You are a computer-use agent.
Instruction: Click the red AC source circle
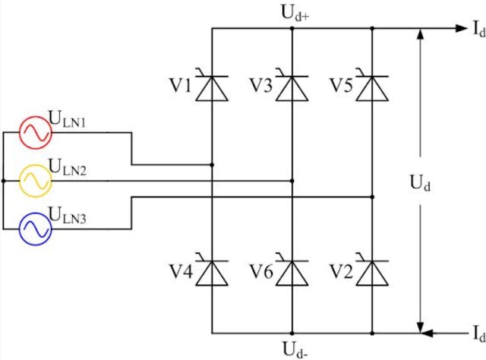35,132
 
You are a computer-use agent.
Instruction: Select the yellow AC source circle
35,181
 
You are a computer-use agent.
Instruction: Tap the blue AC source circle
35,229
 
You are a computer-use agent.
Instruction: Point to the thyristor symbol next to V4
212,273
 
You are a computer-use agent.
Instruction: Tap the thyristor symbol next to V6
292,273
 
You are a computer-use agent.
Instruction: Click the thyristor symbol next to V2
373,273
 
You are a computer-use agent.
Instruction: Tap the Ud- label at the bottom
292,349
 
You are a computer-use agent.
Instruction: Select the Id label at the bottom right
476,335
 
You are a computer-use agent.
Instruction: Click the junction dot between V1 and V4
212,164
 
